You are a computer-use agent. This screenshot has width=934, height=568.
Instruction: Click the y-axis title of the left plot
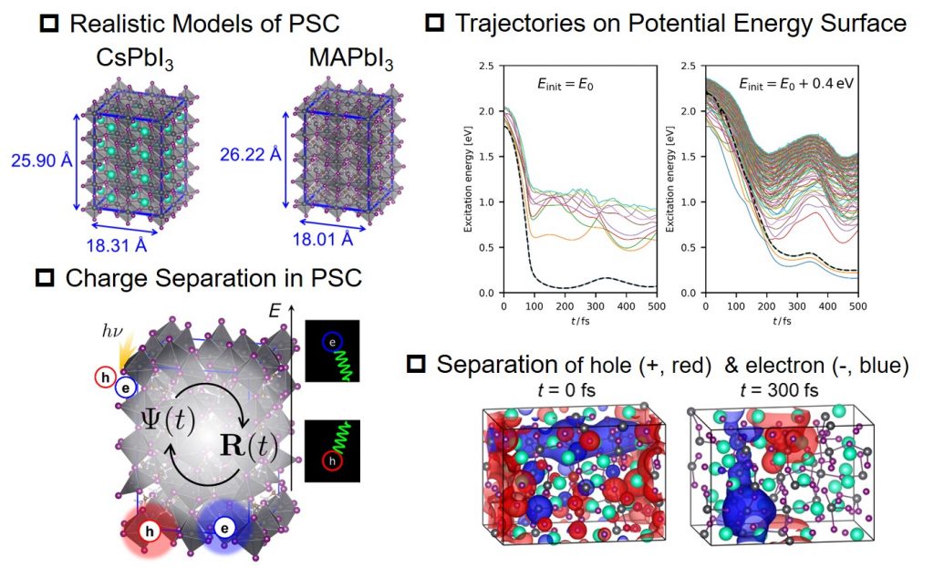point(469,179)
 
